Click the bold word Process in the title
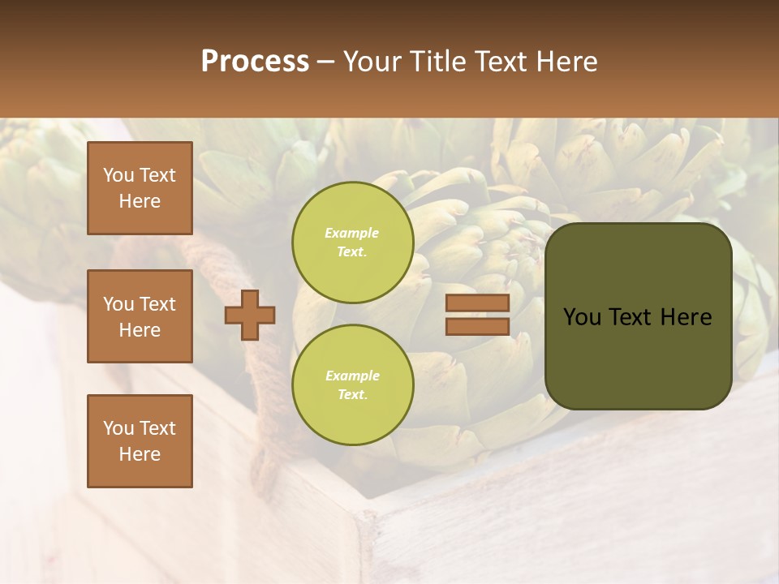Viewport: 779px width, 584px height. pyautogui.click(x=255, y=62)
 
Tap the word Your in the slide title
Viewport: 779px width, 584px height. pyautogui.click(x=374, y=62)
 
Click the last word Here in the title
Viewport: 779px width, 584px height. pyautogui.click(x=566, y=62)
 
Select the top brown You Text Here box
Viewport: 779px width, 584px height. pyautogui.click(x=140, y=188)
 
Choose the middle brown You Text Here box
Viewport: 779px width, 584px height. pyautogui.click(x=140, y=316)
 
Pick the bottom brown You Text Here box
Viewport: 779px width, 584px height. pyautogui.click(x=140, y=441)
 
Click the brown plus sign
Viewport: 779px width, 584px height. pyautogui.click(x=250, y=315)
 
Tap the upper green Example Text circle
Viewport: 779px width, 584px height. pyautogui.click(x=353, y=242)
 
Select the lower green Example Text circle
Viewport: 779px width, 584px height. pyautogui.click(x=353, y=384)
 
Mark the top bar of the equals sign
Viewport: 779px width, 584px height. pyautogui.click(x=477, y=303)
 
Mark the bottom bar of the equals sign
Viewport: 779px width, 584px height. pyautogui.click(x=477, y=326)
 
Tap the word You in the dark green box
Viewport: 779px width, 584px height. pyautogui.click(x=582, y=317)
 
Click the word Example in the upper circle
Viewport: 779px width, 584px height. pyautogui.click(x=352, y=233)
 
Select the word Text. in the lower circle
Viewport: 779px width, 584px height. pyautogui.click(x=352, y=394)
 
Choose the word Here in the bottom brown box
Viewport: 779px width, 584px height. pyautogui.click(x=140, y=454)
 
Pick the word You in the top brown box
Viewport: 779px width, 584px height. pyautogui.click(x=118, y=175)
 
